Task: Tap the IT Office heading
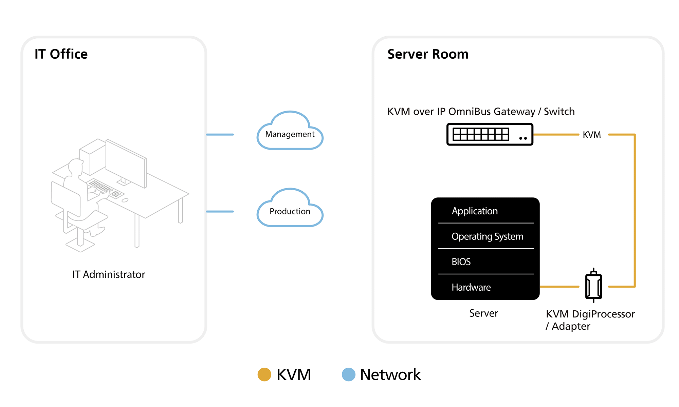pyautogui.click(x=61, y=54)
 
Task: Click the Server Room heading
pyautogui.click(x=428, y=54)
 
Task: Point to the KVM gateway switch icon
pyautogui.click(x=490, y=134)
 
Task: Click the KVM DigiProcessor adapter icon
pyautogui.click(x=593, y=286)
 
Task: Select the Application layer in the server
pyautogui.click(x=475, y=211)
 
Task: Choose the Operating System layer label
pyautogui.click(x=487, y=236)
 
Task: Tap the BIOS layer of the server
pyautogui.click(x=461, y=261)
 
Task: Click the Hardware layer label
pyautogui.click(x=471, y=287)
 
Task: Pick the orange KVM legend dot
pyautogui.click(x=264, y=374)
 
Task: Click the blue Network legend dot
pyautogui.click(x=348, y=374)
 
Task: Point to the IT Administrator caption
pyautogui.click(x=109, y=274)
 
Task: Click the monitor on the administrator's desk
pyautogui.click(x=126, y=163)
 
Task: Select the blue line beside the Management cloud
pyautogui.click(x=220, y=135)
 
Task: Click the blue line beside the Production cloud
pyautogui.click(x=220, y=212)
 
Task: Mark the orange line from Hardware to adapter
pyautogui.click(x=559, y=287)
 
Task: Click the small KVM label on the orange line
pyautogui.click(x=592, y=135)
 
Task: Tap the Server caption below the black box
pyautogui.click(x=483, y=313)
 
